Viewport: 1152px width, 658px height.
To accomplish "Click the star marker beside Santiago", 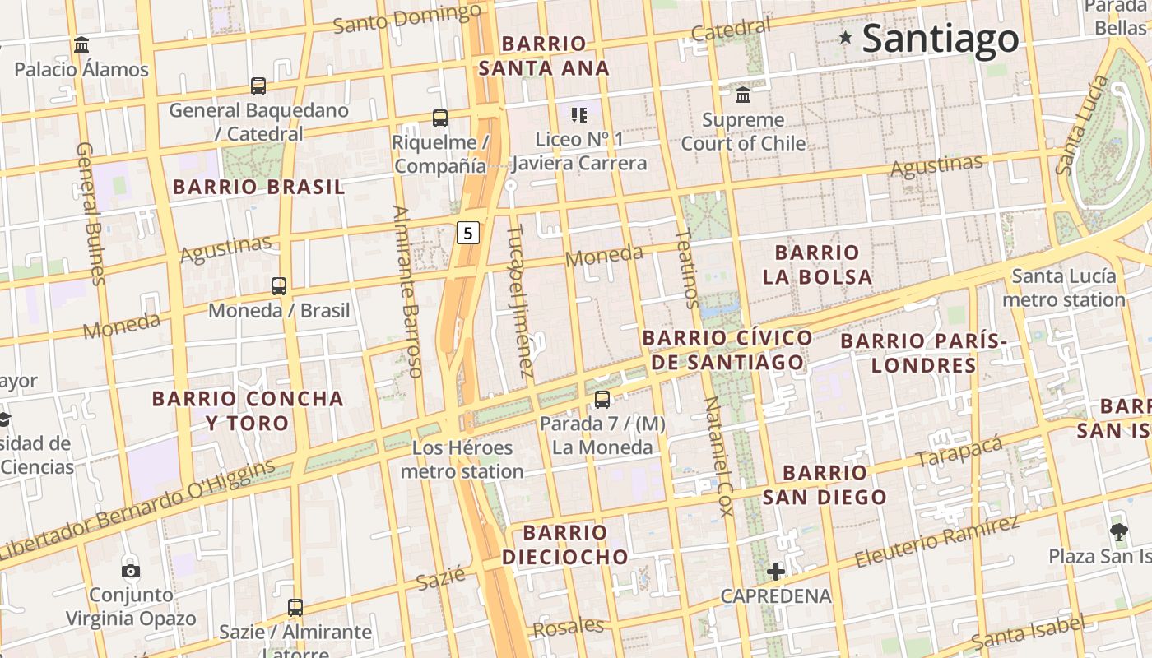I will pyautogui.click(x=845, y=37).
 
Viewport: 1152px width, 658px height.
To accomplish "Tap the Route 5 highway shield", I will pyautogui.click(x=467, y=233).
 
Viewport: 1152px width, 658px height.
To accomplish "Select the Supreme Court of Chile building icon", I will pyautogui.click(x=743, y=95).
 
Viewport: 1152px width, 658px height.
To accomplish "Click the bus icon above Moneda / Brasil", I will pyautogui.click(x=279, y=286).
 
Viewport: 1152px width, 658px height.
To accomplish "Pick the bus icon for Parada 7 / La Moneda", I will pyautogui.click(x=602, y=400).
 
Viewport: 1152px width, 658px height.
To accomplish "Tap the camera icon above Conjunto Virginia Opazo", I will pyautogui.click(x=130, y=571).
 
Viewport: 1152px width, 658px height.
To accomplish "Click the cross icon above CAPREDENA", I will pyautogui.click(x=775, y=571).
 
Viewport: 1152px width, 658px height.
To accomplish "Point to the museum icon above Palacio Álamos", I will pyautogui.click(x=81, y=44).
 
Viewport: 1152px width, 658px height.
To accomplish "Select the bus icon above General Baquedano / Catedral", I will pyautogui.click(x=258, y=86).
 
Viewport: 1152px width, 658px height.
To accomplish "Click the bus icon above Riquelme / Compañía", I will pyautogui.click(x=440, y=118).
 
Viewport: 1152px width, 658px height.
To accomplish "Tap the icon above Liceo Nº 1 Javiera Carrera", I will pyautogui.click(x=578, y=115).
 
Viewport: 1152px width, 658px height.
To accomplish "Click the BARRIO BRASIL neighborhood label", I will pyautogui.click(x=258, y=187).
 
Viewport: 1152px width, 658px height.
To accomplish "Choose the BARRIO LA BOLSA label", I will pyautogui.click(x=817, y=264).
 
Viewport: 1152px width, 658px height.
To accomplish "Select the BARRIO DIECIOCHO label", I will pyautogui.click(x=565, y=544).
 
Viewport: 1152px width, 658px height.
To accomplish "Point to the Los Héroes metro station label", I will pyautogui.click(x=462, y=460).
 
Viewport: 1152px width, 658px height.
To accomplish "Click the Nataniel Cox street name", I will pyautogui.click(x=717, y=456).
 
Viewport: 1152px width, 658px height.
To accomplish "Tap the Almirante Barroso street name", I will pyautogui.click(x=407, y=291).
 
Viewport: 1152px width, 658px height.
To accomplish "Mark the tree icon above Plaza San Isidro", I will pyautogui.click(x=1118, y=532).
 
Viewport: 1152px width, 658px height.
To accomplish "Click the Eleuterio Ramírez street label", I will pyautogui.click(x=937, y=540).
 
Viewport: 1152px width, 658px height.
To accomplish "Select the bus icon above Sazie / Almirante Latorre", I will pyautogui.click(x=295, y=608).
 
